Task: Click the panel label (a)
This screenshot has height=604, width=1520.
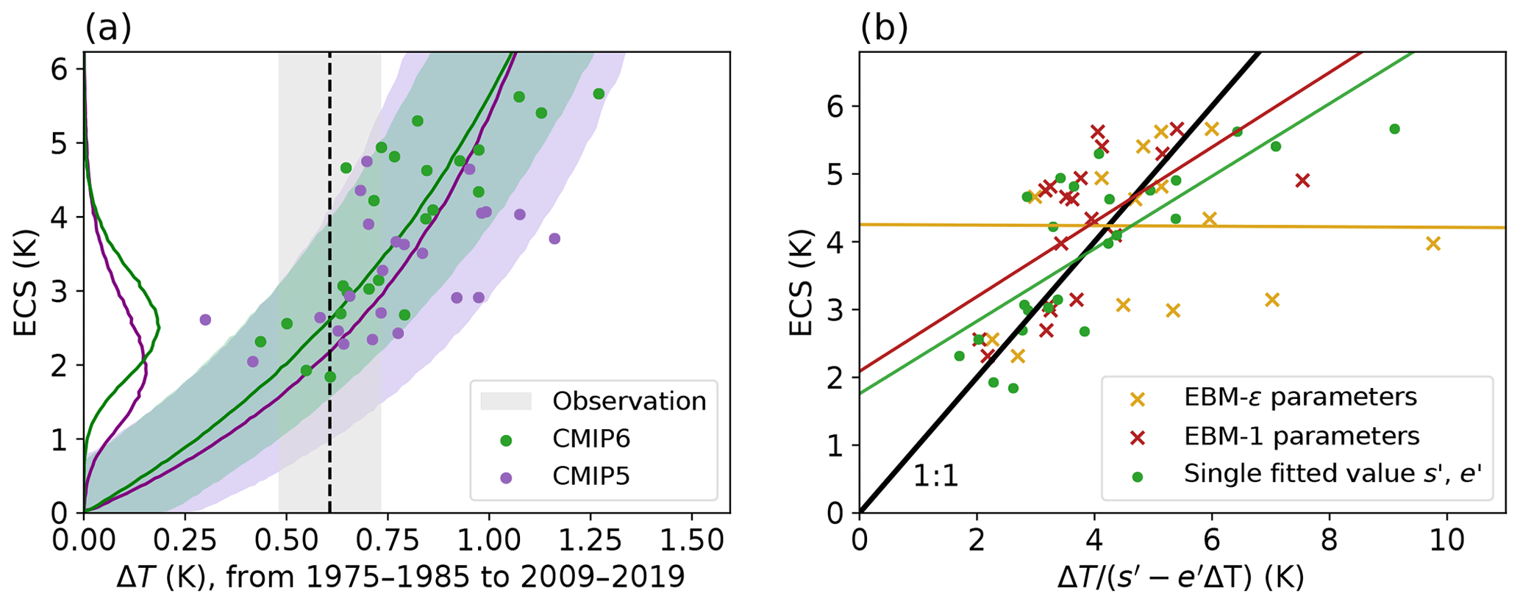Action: pos(108,29)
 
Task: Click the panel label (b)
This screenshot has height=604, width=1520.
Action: pos(885,29)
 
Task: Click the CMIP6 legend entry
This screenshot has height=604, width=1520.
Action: pos(591,439)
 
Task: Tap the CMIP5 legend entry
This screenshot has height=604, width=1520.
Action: pos(591,477)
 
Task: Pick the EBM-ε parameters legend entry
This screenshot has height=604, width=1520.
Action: pos(1299,398)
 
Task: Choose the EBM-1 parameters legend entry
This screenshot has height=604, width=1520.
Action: pos(1301,436)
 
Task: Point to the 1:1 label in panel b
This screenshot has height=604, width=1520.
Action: pos(935,477)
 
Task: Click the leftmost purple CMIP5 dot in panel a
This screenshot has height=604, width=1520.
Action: pos(205,320)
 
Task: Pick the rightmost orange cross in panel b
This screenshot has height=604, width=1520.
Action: pos(1432,243)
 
